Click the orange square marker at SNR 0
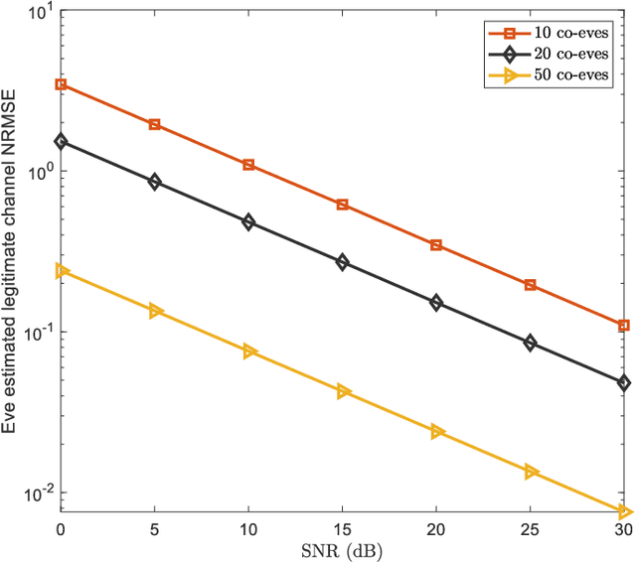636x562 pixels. [x=61, y=84]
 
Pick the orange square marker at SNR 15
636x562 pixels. [x=343, y=205]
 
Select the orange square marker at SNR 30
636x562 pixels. [x=624, y=325]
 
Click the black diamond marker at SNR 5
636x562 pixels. [x=155, y=182]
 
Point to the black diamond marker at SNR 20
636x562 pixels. [x=436, y=302]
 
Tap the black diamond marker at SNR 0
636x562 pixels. [x=61, y=142]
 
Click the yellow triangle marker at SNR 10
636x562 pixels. [x=249, y=351]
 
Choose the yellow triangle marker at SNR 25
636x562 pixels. [x=531, y=472]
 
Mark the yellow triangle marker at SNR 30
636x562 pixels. [x=624, y=511]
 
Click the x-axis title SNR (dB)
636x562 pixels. [x=342, y=550]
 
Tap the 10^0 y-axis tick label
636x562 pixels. [x=37, y=172]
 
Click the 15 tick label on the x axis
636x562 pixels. [x=343, y=531]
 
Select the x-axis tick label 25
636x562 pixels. [x=531, y=531]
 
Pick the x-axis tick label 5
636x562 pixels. [x=155, y=531]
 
